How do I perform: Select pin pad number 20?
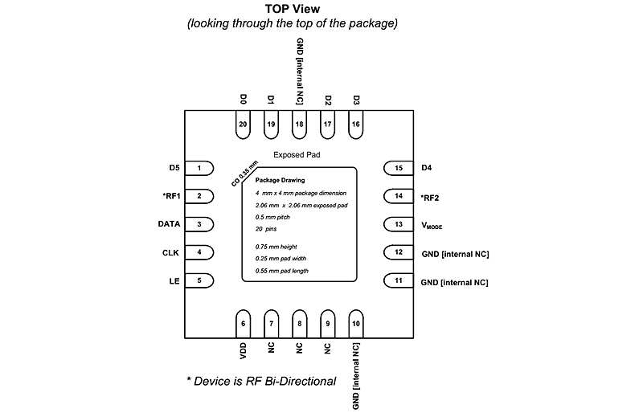pyautogui.click(x=243, y=124)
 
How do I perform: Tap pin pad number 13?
pyautogui.click(x=397, y=224)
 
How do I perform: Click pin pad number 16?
pyautogui.click(x=356, y=124)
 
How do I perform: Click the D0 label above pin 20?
pyautogui.click(x=243, y=100)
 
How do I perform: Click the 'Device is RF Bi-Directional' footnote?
pyautogui.click(x=260, y=380)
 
